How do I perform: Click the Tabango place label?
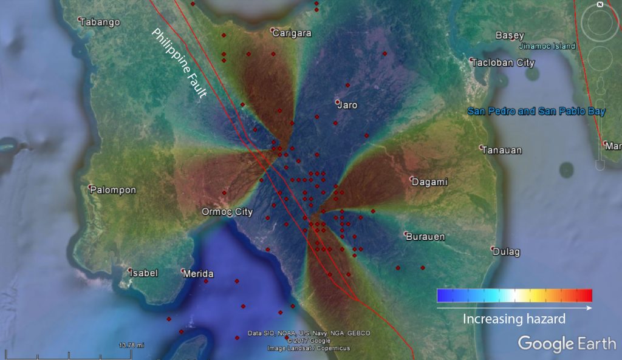pyautogui.click(x=101, y=22)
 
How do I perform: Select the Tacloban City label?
pyautogui.click(x=504, y=63)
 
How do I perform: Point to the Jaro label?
pyautogui.click(x=348, y=105)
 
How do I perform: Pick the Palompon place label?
pyautogui.click(x=114, y=190)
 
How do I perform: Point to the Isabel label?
pyautogui.click(x=145, y=273)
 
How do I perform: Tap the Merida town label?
pyautogui.click(x=199, y=274)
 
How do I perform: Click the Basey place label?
pyautogui.click(x=510, y=35)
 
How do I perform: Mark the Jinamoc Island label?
pyautogui.click(x=547, y=46)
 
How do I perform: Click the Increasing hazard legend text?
pyautogui.click(x=514, y=319)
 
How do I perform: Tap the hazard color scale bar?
pyautogui.click(x=514, y=296)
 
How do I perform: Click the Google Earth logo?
pyautogui.click(x=566, y=343)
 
